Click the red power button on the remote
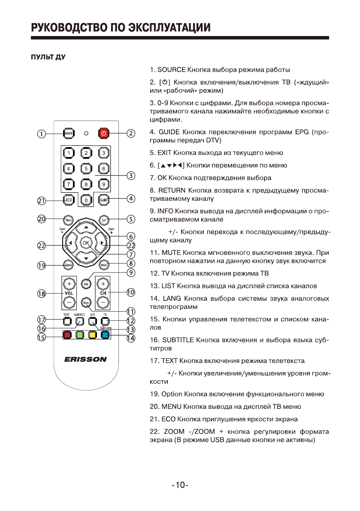click(103, 133)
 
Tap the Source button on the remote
click(68, 133)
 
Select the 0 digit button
click(86, 200)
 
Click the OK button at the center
click(86, 243)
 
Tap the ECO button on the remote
click(68, 200)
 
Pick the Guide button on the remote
click(103, 200)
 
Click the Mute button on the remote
click(86, 302)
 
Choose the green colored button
click(79, 335)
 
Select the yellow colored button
click(92, 335)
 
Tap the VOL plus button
click(69, 284)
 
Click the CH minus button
click(103, 302)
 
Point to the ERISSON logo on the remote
click(85, 360)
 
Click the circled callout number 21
click(41, 200)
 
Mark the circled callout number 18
click(41, 294)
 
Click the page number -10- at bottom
click(180, 485)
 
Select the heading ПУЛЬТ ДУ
click(48, 57)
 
